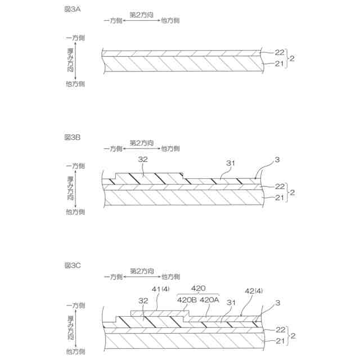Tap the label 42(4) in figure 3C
point(254,291)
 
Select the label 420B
point(187,299)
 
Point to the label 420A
point(209,299)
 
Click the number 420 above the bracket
point(198,286)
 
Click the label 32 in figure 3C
point(144,301)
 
